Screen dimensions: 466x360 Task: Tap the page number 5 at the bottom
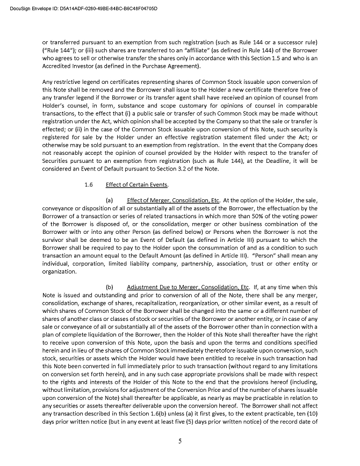pos(180,442)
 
